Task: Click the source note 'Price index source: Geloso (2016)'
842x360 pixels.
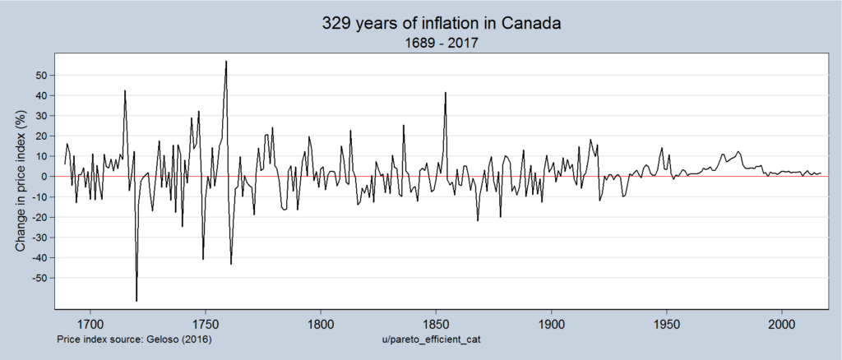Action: click(135, 338)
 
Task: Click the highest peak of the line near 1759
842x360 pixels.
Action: click(226, 62)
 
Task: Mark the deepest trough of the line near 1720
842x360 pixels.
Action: click(136, 301)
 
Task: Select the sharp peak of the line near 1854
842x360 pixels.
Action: click(445, 93)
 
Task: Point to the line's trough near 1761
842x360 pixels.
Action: click(231, 264)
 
